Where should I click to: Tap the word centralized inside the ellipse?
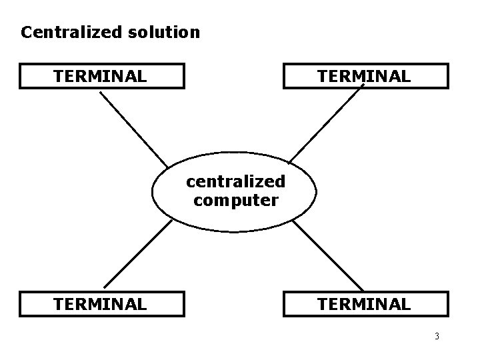(235, 181)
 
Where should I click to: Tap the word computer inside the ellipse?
(235, 199)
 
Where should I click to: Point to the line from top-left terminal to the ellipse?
(133, 128)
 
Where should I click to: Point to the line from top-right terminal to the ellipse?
(327, 125)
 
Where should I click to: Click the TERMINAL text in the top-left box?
(100, 77)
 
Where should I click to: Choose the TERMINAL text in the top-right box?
(364, 77)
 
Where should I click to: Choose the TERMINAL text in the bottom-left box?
(100, 304)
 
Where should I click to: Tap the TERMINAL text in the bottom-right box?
(364, 304)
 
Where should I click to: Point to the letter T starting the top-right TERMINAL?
(323, 77)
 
